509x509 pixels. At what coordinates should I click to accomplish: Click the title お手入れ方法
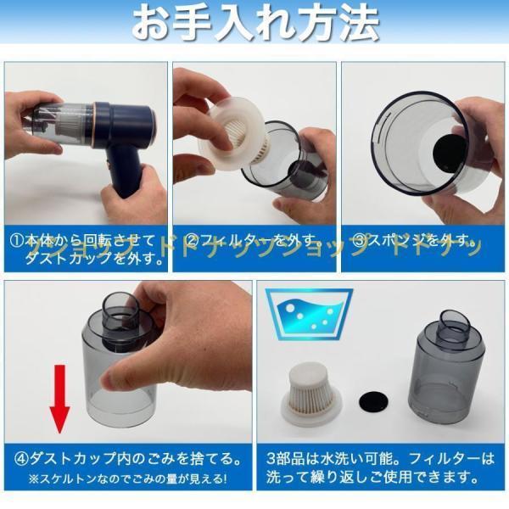255,25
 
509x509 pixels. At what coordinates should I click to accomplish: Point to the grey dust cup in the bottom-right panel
450,373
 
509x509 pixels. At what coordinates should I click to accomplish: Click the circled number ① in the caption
17,240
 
